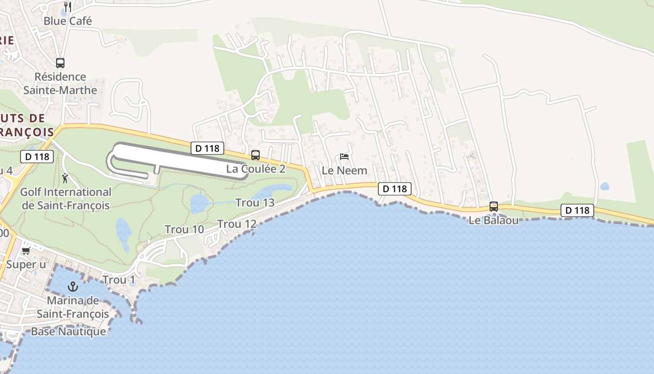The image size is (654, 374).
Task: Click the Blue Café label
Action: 68,21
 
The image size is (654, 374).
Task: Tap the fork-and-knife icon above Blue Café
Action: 68,7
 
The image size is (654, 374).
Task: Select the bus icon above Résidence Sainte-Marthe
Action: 60,63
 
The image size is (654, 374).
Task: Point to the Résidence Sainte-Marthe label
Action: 60,83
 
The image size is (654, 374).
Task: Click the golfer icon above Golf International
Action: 64,178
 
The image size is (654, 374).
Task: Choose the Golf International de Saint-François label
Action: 65,199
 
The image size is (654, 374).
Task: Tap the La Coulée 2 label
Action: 256,169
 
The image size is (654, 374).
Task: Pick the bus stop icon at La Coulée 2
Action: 255,155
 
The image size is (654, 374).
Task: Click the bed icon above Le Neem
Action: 344,157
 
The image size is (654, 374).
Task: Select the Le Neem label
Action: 345,171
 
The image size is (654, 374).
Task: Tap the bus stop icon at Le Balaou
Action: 493,206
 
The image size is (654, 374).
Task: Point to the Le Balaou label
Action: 493,220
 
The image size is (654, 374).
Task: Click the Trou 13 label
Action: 255,203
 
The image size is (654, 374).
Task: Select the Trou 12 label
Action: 237,224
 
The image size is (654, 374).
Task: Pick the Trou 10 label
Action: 184,230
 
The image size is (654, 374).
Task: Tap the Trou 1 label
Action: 119,280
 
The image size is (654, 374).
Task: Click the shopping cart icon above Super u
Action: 26,251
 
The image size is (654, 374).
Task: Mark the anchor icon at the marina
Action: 72,286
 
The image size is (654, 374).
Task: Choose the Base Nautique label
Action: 68,331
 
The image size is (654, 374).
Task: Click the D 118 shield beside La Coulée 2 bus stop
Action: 207,148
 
